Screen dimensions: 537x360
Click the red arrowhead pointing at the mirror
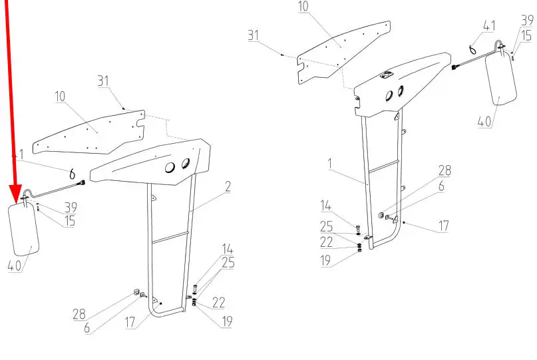(x=15, y=194)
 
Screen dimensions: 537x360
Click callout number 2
(x=228, y=187)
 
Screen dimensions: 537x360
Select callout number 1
(x=330, y=164)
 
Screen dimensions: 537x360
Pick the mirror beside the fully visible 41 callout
(x=500, y=79)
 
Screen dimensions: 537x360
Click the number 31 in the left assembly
(x=103, y=81)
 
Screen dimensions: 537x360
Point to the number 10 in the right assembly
(x=303, y=7)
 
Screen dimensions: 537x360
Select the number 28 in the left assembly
(x=79, y=314)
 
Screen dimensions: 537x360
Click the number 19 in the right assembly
(x=325, y=261)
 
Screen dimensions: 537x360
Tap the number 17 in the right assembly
(x=443, y=226)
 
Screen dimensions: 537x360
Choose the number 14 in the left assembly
(x=228, y=249)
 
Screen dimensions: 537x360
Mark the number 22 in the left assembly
(x=218, y=303)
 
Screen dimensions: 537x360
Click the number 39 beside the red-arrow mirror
(x=71, y=207)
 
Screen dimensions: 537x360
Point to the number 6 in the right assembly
(x=441, y=186)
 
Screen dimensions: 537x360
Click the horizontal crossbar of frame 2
(x=170, y=238)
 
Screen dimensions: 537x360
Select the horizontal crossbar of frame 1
(x=383, y=166)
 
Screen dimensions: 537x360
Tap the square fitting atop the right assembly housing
(x=387, y=75)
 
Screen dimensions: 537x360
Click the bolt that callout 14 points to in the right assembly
(x=358, y=228)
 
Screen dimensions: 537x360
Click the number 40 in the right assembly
(x=484, y=122)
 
